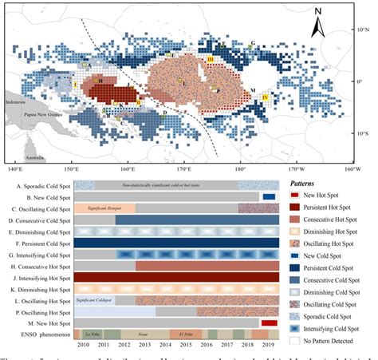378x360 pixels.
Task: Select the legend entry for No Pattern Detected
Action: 339,341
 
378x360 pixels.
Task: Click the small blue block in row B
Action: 269,196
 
